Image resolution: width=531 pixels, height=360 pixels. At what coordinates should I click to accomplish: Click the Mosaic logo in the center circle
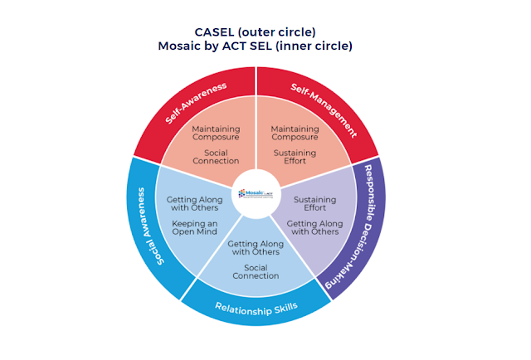[x=256, y=192]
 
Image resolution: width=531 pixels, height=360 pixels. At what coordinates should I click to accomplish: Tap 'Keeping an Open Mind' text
[x=194, y=227]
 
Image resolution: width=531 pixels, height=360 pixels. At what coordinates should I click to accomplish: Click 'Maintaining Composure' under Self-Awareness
[x=216, y=133]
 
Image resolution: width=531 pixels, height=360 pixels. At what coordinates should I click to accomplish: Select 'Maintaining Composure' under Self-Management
[x=295, y=133]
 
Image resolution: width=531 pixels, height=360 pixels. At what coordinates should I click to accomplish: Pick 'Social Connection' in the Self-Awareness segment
[x=216, y=156]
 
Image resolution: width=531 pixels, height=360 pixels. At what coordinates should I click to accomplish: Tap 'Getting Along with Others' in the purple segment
[x=314, y=227]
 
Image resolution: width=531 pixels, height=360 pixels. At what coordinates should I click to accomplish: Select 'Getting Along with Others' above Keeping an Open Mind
[x=194, y=204]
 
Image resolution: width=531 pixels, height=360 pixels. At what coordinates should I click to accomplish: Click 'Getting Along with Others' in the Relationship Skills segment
[x=256, y=247]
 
